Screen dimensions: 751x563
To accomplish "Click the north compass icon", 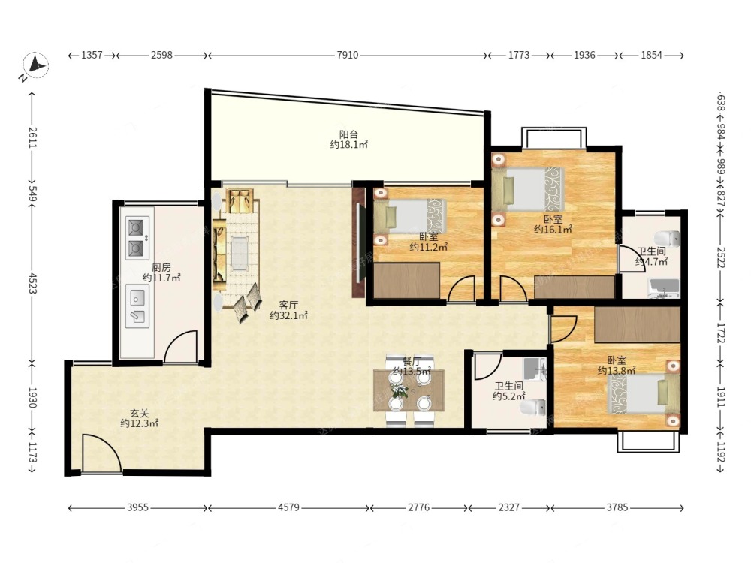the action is (x=35, y=65).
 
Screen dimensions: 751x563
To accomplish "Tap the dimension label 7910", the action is (x=347, y=55).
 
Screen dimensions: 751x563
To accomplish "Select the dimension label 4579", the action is (x=288, y=507).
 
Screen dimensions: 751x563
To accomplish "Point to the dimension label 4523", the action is (x=32, y=283).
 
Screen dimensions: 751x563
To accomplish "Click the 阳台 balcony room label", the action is (x=348, y=134).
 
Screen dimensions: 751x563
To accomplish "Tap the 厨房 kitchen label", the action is (x=161, y=268).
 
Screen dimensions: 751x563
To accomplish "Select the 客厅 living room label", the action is (x=289, y=305).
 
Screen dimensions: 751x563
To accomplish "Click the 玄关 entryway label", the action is (x=140, y=413).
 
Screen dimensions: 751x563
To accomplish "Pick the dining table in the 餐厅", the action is (x=409, y=390).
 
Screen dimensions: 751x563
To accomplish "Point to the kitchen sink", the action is (x=137, y=306).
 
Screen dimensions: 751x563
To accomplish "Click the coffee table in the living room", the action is (x=240, y=252).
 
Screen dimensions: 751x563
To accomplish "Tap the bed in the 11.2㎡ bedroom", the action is (x=410, y=216).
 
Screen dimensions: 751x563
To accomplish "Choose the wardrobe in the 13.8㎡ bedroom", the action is (x=637, y=324).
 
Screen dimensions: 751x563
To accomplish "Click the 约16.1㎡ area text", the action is (x=553, y=230).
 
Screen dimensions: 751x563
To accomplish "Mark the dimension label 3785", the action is (x=617, y=507).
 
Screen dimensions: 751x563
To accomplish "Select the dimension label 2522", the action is (x=721, y=258).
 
